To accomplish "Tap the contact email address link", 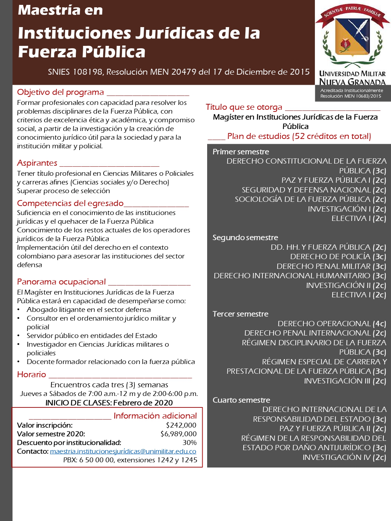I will [123, 451].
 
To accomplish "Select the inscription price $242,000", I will [181, 425].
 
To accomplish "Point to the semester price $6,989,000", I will [178, 434].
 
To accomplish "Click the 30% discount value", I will [189, 443].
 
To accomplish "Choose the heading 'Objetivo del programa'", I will [60, 92].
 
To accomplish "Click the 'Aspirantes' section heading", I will [37, 163].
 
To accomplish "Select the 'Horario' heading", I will [32, 374].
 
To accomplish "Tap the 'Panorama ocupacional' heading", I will [62, 282].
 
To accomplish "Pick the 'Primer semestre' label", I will [241, 152].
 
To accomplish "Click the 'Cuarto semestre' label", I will [241, 400].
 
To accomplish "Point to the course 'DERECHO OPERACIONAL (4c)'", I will [332, 324].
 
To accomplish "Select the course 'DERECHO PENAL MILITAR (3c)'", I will [331, 266].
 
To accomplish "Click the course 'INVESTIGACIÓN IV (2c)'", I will [344, 457].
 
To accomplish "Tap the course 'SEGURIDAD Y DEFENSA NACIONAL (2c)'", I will [314, 190].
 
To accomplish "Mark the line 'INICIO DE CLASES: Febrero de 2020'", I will [109, 403].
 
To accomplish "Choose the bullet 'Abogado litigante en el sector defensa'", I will [89, 310].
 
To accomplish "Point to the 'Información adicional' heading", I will [155, 416].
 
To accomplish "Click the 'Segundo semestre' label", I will [245, 238].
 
